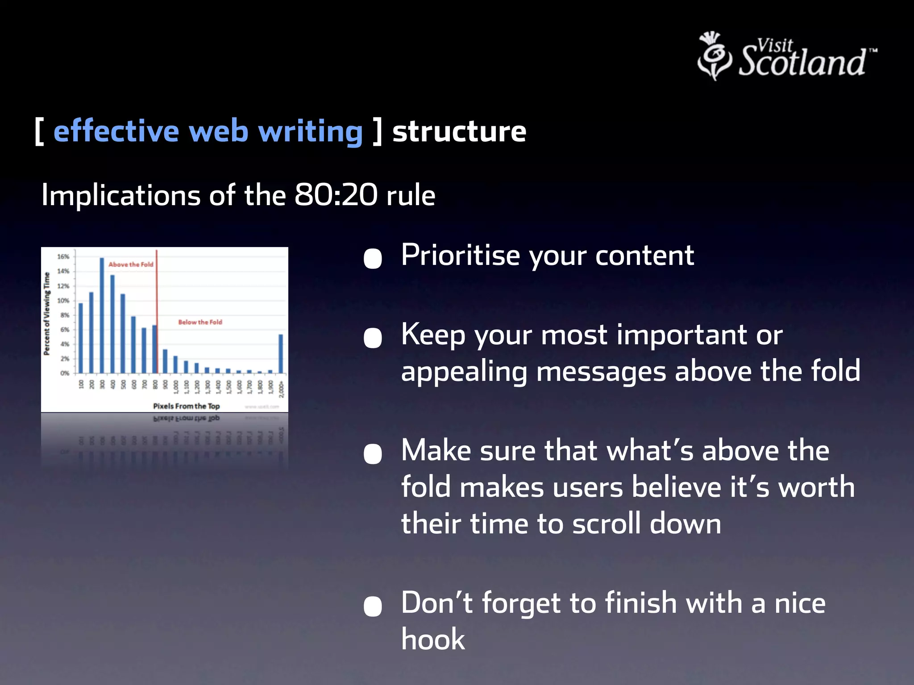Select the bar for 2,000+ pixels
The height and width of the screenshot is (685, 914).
(281, 354)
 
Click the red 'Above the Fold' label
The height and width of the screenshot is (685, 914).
(131, 264)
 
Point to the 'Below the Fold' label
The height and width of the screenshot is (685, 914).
(200, 322)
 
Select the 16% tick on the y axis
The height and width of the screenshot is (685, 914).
(63, 256)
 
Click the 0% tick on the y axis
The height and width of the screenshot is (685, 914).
(64, 373)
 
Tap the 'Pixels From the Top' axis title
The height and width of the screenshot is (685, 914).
(186, 406)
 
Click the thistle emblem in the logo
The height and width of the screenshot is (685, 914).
(714, 56)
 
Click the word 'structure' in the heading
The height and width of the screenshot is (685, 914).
(459, 132)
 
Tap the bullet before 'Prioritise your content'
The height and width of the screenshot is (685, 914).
(373, 258)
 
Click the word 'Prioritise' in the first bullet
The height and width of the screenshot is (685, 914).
(460, 256)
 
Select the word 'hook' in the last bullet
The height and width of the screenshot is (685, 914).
(432, 639)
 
